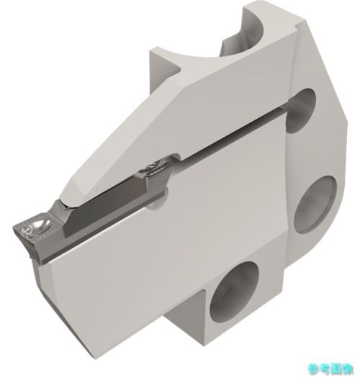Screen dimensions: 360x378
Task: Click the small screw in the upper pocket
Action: (x=151, y=166)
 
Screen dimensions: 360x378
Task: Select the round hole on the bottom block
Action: (x=234, y=292)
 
